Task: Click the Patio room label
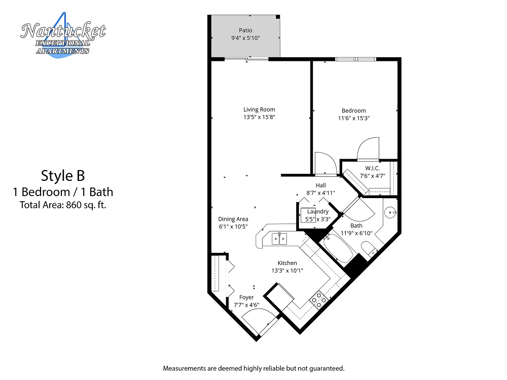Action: (x=245, y=30)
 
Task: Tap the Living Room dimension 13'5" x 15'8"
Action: (x=259, y=117)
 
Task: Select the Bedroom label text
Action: (x=353, y=111)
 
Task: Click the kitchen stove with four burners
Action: (x=319, y=300)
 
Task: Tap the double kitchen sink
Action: (x=279, y=239)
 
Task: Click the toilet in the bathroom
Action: (x=369, y=248)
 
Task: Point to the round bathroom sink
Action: (x=389, y=213)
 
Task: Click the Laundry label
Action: (x=318, y=212)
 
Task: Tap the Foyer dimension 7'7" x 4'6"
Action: (x=247, y=305)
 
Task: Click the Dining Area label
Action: (x=233, y=219)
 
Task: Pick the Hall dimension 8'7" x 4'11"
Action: (x=320, y=193)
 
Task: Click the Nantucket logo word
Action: (x=63, y=32)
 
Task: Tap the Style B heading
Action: (x=63, y=176)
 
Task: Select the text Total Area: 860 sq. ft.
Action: (x=63, y=205)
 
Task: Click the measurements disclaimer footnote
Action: (x=253, y=368)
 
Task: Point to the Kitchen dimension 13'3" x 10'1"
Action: (x=287, y=271)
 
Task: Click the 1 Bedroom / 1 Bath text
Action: (x=63, y=192)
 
